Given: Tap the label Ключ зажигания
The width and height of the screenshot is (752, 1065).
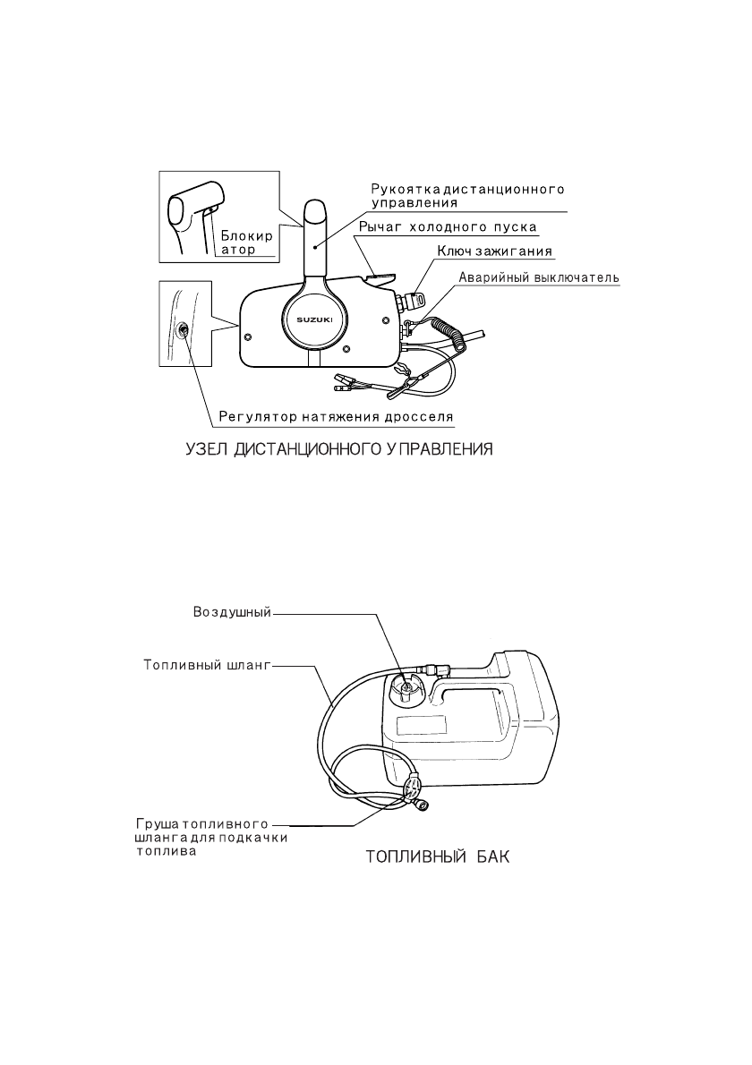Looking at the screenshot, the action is (x=494, y=251).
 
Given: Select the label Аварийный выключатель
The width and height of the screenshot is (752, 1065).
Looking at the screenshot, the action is (x=539, y=278).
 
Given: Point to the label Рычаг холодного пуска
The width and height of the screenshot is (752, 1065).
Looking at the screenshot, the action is (x=447, y=227).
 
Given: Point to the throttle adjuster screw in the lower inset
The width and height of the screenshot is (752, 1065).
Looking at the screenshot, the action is (x=183, y=331).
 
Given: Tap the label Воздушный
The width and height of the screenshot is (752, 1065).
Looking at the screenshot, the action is (x=233, y=614).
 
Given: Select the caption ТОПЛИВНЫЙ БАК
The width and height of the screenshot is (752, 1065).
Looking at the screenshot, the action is (x=437, y=857).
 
